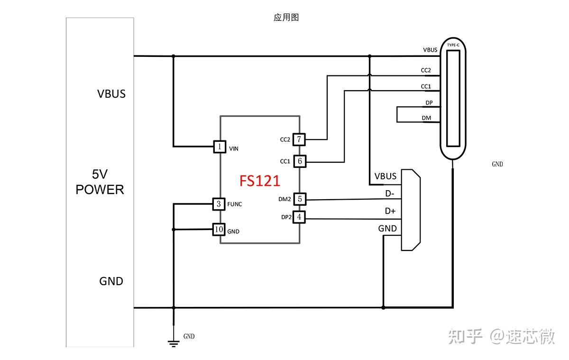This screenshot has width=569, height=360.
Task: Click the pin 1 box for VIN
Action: click(220, 147)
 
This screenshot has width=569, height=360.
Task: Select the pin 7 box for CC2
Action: click(299, 139)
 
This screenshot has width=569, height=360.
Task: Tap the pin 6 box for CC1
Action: click(299, 161)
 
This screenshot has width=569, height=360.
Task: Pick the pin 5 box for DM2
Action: click(299, 199)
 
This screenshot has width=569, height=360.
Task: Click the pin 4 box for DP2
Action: click(299, 217)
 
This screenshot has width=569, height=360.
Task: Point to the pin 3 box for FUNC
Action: click(218, 204)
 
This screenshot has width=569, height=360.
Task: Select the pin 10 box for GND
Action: click(218, 230)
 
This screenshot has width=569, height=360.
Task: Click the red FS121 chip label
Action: click(259, 181)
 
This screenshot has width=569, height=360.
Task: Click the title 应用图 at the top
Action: click(286, 18)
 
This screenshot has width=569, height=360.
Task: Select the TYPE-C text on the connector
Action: click(453, 45)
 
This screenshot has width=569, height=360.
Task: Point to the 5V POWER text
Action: click(100, 182)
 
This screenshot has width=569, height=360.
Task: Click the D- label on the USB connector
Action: click(389, 194)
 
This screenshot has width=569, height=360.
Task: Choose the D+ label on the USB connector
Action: click(390, 211)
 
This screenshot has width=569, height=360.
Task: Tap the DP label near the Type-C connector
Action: click(429, 103)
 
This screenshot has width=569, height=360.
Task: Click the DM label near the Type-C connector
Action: click(427, 118)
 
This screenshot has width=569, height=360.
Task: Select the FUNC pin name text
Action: click(235, 204)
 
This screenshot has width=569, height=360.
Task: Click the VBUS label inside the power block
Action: click(111, 94)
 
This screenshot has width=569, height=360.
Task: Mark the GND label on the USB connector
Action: click(387, 229)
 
